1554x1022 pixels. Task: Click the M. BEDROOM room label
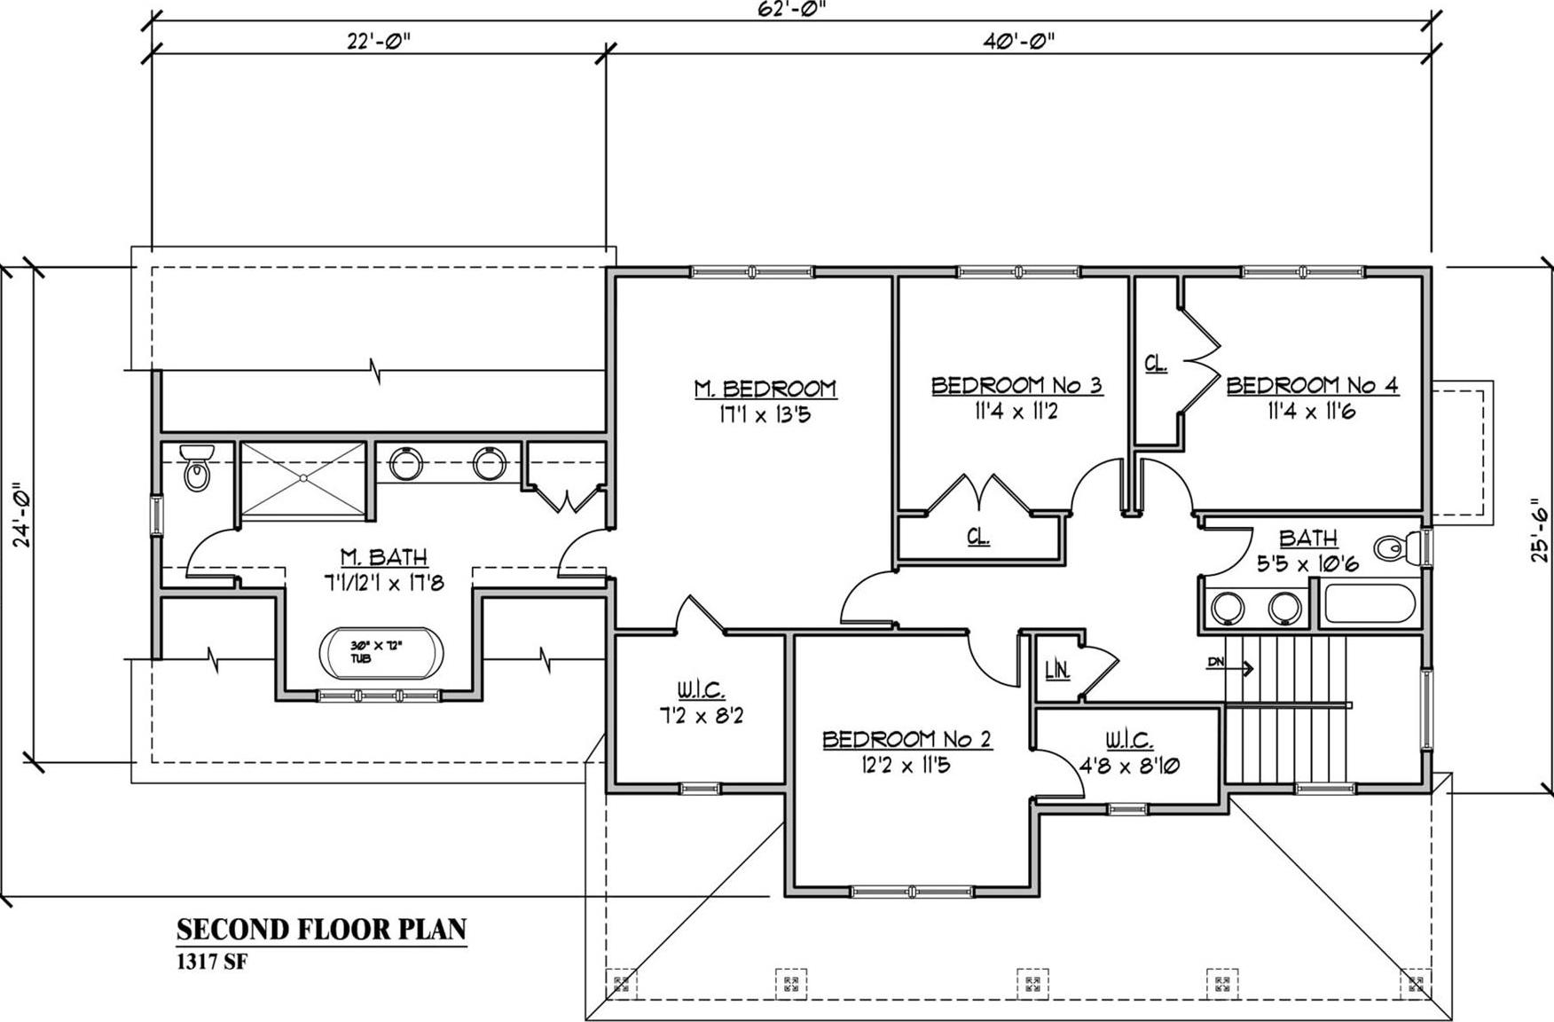point(765,389)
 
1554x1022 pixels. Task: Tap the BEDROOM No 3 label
point(1016,386)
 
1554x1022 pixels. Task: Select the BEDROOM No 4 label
point(1312,386)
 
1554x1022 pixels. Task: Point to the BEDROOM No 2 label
point(906,739)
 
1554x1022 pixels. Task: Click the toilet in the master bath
point(195,468)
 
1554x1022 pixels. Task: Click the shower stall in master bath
point(303,477)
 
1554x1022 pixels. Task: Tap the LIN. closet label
point(1057,671)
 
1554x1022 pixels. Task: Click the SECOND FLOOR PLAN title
point(321,929)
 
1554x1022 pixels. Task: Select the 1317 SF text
point(211,962)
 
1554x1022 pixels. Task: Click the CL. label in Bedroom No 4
point(1156,364)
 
